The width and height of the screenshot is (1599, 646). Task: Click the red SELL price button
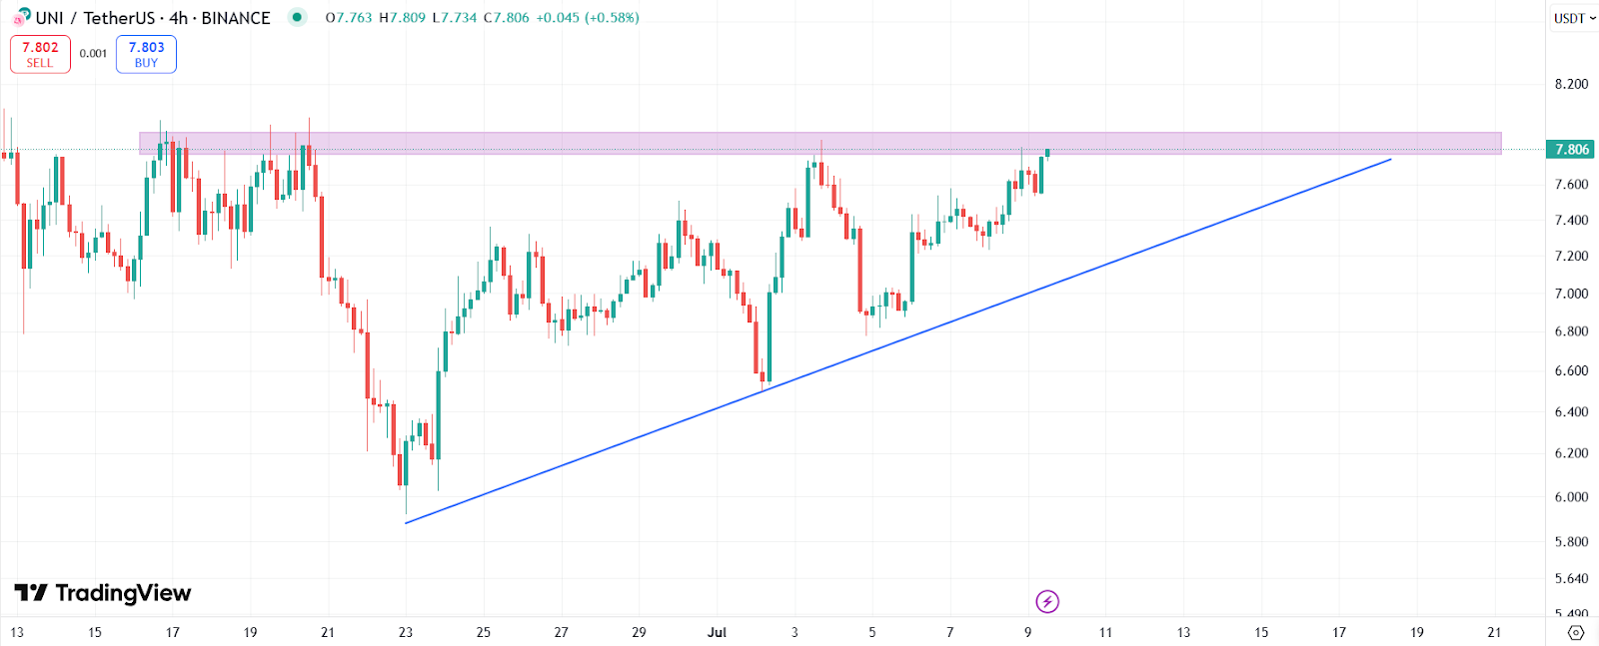[x=40, y=54]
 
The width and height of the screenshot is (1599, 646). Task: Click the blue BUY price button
[x=146, y=54]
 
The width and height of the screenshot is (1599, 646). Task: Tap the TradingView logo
[x=103, y=593]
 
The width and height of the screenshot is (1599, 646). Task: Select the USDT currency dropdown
[x=1574, y=18]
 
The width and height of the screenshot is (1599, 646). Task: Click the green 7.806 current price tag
[x=1570, y=150]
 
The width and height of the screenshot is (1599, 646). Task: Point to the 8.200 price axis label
[x=1571, y=84]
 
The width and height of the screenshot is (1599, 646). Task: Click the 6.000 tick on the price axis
[x=1571, y=497]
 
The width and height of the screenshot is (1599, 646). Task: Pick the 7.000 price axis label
[x=1571, y=294]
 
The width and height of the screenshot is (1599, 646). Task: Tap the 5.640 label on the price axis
[x=1571, y=579]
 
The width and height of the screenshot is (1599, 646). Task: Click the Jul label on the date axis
[x=717, y=632]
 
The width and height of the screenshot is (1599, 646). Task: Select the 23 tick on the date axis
[x=406, y=632]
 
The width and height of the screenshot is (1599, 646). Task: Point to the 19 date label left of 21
[x=250, y=632]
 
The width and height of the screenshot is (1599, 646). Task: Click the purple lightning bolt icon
[x=1047, y=601]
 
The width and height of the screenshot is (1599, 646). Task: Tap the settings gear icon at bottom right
[x=1576, y=632]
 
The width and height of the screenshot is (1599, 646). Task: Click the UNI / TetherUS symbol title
[x=95, y=18]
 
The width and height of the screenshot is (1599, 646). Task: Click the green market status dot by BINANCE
[x=297, y=17]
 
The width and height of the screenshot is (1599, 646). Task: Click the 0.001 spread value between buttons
[x=93, y=54]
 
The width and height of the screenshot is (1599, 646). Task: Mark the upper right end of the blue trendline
[x=1391, y=159]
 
